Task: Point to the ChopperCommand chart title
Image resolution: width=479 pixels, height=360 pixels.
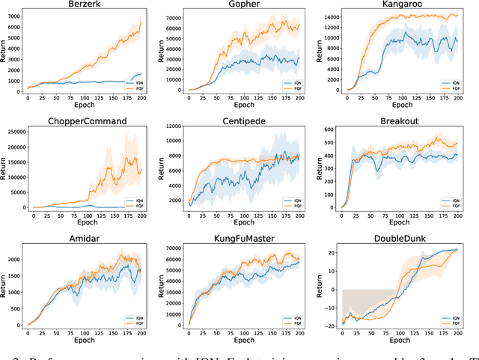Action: (87, 120)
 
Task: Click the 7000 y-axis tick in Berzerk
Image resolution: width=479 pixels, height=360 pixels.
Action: (14, 14)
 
